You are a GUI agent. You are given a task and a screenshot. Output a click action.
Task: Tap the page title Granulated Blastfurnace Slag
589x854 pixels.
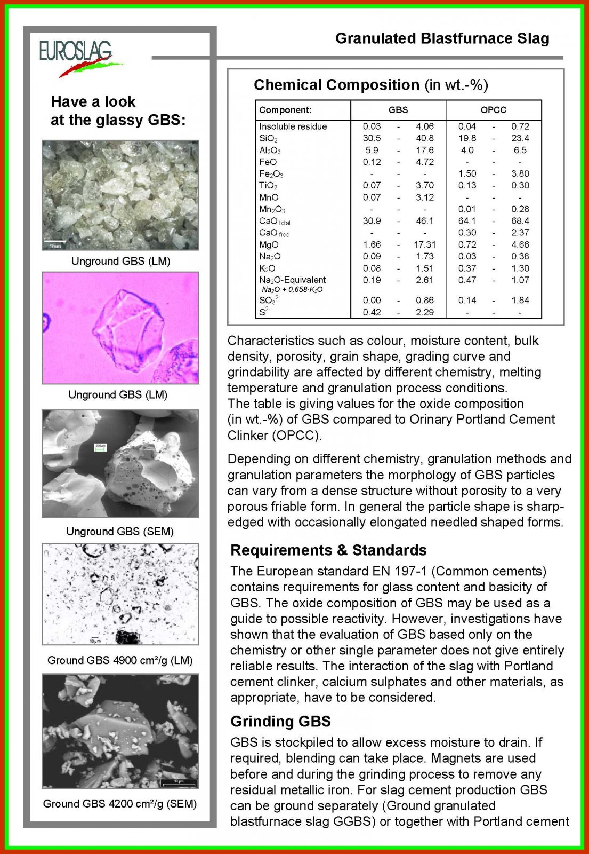coord(442,38)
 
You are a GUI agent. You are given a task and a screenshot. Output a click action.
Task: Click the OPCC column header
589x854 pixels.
coord(493,110)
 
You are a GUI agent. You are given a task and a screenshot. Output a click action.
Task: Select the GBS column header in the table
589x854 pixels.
coord(398,110)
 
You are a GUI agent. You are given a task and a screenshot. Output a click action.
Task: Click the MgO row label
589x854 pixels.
coord(269,244)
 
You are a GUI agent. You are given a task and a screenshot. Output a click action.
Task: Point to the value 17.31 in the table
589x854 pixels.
coord(424,244)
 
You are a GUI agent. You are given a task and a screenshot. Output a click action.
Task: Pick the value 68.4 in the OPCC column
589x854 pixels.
coord(520,221)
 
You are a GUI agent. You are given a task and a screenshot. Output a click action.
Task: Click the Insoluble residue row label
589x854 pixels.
coord(293,126)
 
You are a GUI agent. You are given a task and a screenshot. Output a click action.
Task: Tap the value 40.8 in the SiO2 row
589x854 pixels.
coord(424,138)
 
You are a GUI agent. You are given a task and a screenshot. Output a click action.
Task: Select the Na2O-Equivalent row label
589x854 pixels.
coord(292,280)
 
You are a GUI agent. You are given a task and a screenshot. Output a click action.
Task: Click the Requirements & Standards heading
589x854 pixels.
coord(328,550)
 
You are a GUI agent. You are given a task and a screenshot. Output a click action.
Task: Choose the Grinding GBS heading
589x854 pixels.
coord(280,722)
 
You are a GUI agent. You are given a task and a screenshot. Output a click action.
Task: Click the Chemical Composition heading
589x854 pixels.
coord(336,85)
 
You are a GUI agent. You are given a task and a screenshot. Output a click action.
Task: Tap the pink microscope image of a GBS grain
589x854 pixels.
coord(120,328)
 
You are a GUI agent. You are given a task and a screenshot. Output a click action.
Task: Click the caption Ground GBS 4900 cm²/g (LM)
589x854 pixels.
coord(120,660)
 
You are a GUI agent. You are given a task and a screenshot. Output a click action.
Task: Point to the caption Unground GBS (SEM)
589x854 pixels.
coord(120,532)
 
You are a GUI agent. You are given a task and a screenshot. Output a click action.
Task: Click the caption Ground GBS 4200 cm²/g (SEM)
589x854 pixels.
coord(120,804)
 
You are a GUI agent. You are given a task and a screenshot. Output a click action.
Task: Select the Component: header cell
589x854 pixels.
coord(285,110)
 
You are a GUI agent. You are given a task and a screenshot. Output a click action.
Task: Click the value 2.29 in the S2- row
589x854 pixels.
coord(424,312)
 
